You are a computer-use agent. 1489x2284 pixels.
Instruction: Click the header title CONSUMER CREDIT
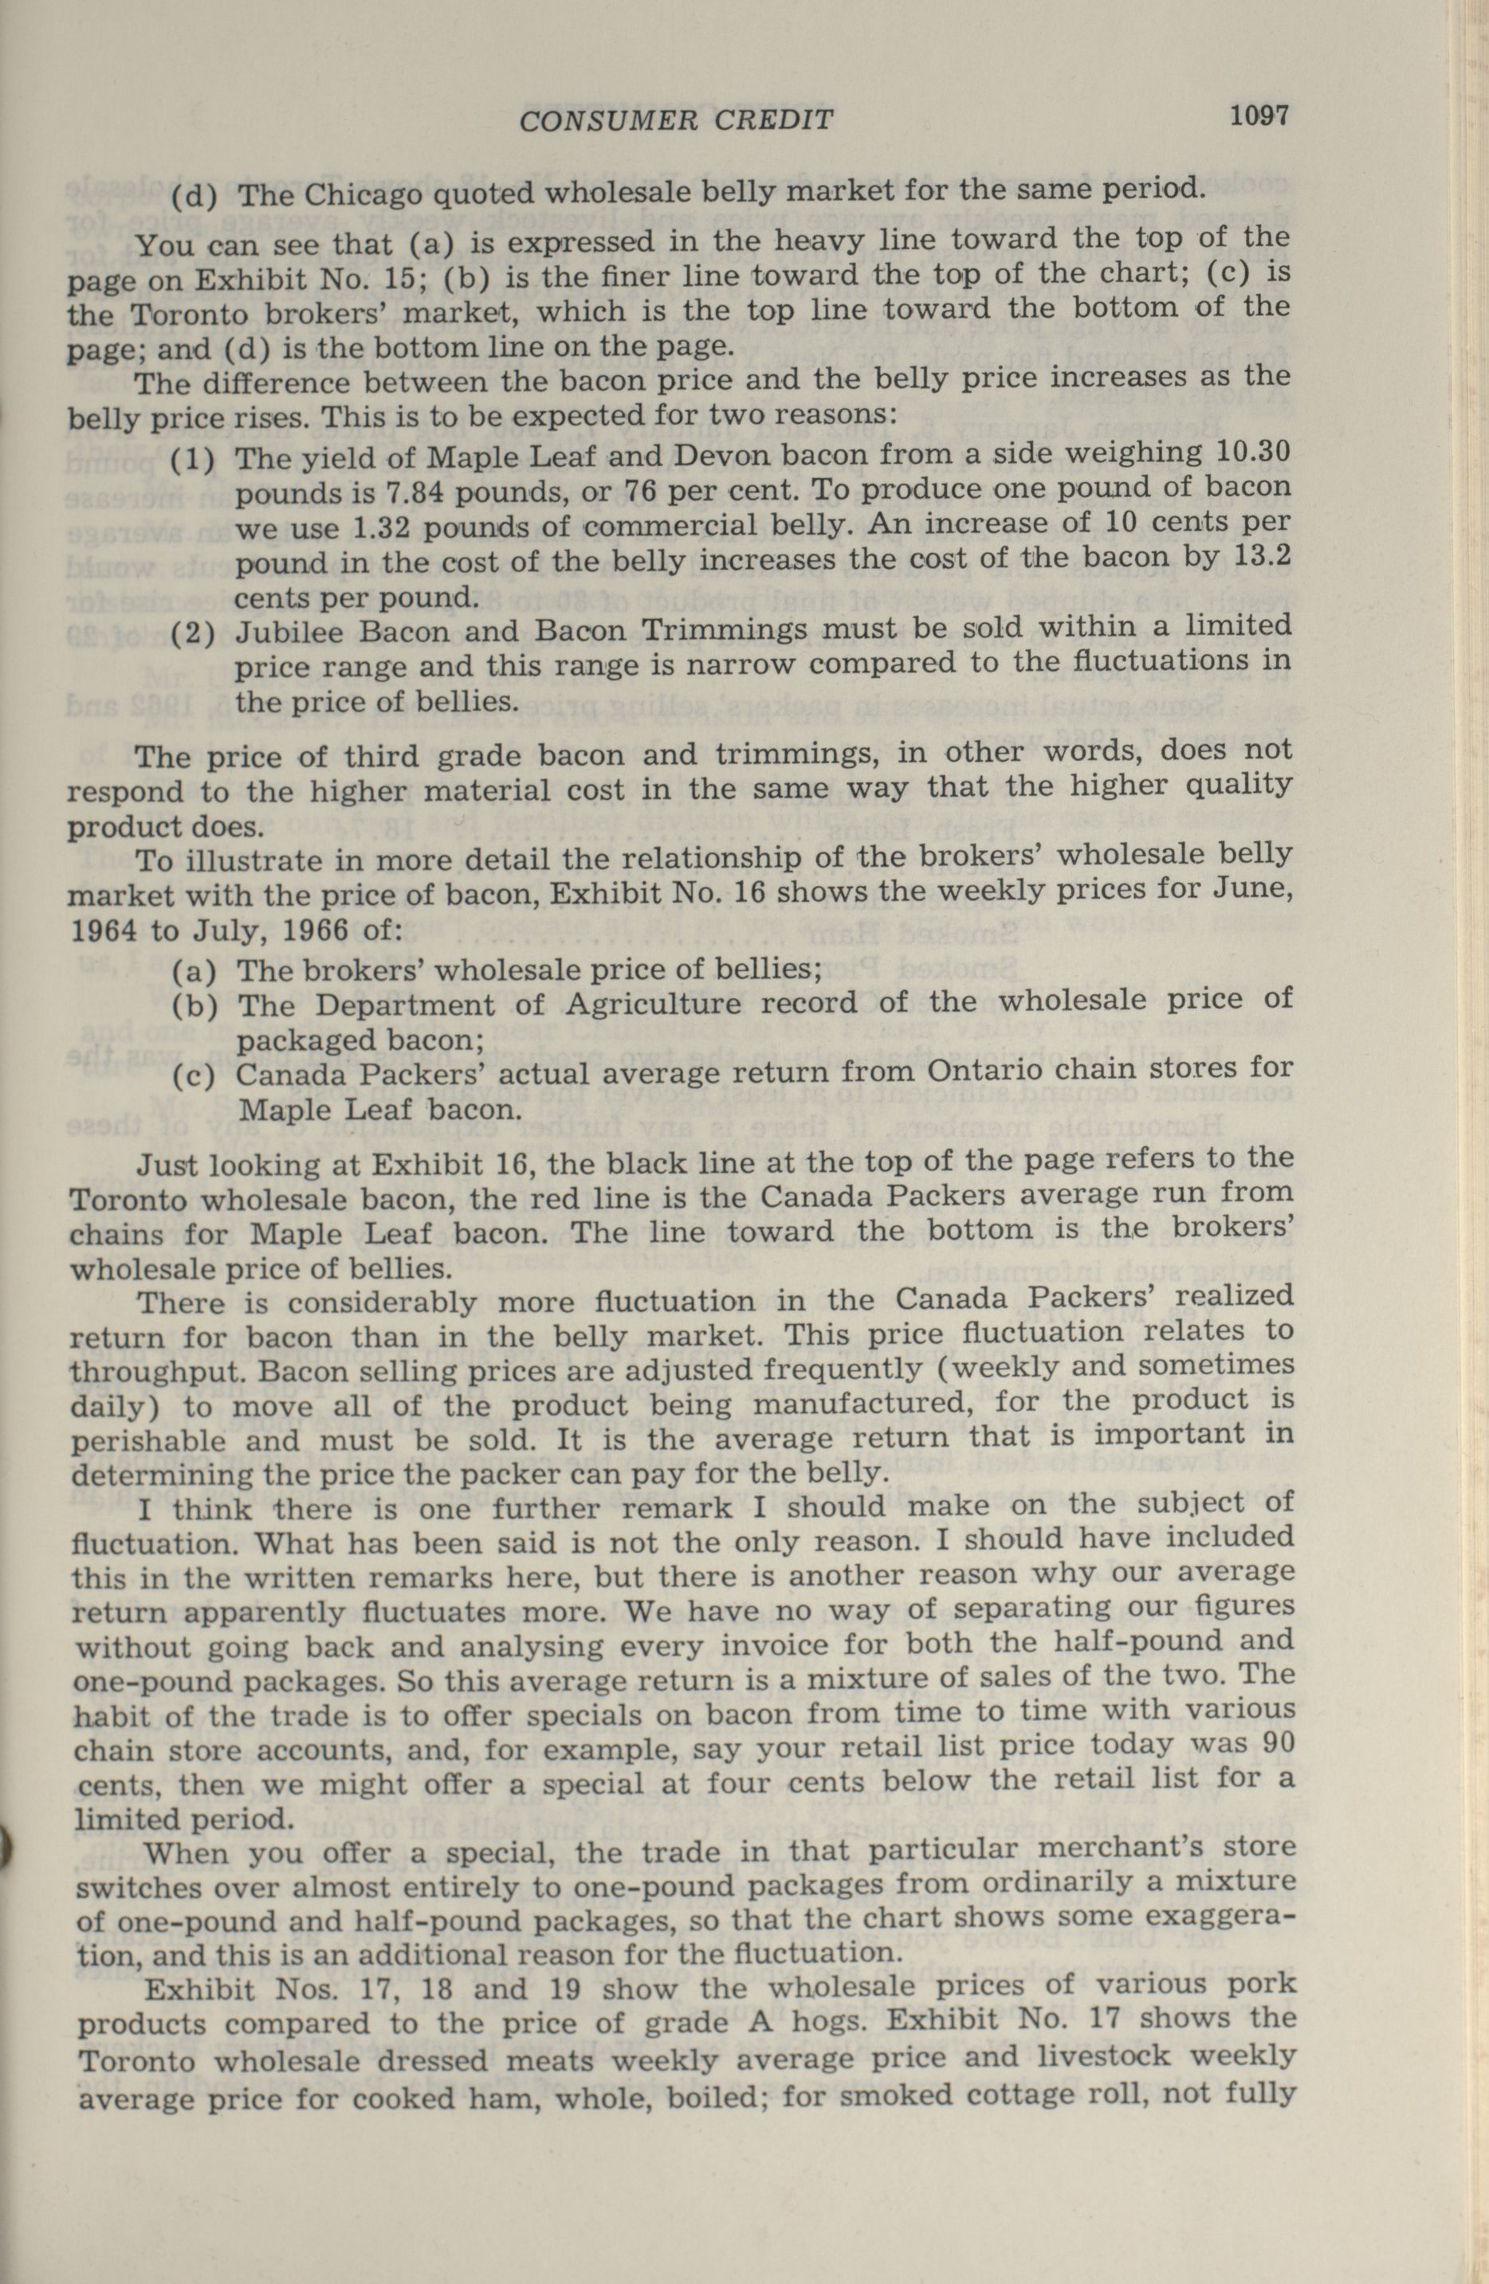[676, 120]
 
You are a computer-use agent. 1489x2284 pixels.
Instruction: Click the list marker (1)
[194, 459]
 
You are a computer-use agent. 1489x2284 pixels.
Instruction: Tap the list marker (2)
[194, 635]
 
